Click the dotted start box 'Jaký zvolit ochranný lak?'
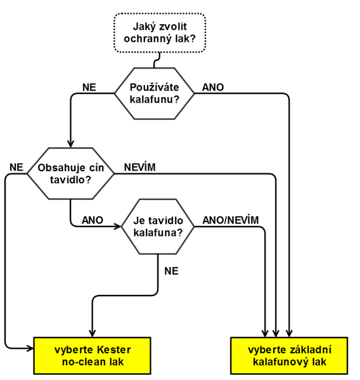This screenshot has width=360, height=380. click(x=160, y=33)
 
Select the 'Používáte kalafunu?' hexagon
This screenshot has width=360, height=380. click(x=154, y=93)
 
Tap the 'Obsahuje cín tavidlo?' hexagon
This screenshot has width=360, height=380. click(x=70, y=174)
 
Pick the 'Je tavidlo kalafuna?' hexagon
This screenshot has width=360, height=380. click(x=158, y=226)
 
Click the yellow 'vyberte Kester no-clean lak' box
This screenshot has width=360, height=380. click(x=93, y=355)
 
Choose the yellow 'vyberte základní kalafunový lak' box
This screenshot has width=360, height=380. click(x=289, y=355)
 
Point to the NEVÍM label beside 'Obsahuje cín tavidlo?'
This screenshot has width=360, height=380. click(x=139, y=167)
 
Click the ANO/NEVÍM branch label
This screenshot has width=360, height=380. click(x=231, y=220)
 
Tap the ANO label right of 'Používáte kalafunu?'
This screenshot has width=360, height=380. click(x=213, y=88)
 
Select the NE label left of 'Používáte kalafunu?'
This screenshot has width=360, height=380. click(x=89, y=88)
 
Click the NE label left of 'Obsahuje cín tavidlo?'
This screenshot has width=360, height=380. click(x=16, y=167)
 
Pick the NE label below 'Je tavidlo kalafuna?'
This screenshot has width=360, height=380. click(x=171, y=271)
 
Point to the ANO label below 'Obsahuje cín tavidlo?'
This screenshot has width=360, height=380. click(x=93, y=220)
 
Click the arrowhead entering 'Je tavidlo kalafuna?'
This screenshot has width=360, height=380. click(x=118, y=226)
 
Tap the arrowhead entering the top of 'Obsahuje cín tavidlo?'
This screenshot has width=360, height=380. click(x=70, y=144)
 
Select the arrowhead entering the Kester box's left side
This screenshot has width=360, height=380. click(x=30, y=348)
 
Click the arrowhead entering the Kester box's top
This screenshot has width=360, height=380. click(x=93, y=333)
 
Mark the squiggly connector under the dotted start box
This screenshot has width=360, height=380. click(x=157, y=60)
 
